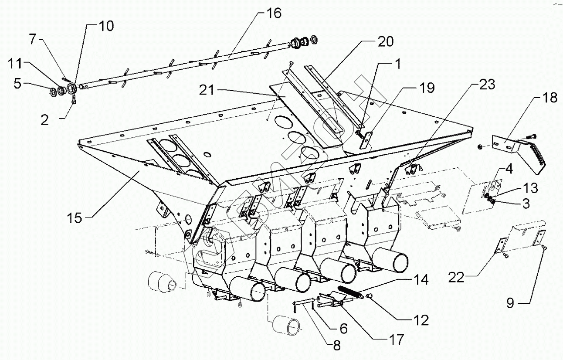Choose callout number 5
17,83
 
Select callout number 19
427,88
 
